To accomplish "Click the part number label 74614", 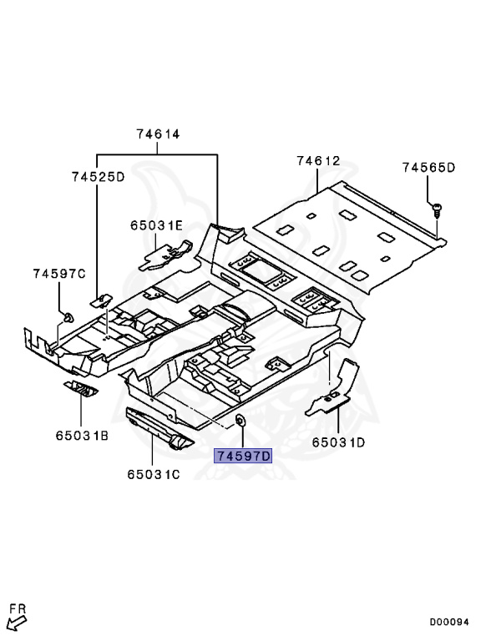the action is coord(158,134).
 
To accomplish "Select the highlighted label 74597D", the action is coord(243,456).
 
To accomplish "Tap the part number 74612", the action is coord(318,160).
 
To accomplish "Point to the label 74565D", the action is coord(428,168).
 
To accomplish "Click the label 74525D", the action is coord(99,177).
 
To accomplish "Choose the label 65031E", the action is coord(157,225).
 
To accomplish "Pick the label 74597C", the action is coord(59,274).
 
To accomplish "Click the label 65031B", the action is coord(82,436).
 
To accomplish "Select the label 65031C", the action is coord(154,475).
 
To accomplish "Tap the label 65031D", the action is coord(338,442).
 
